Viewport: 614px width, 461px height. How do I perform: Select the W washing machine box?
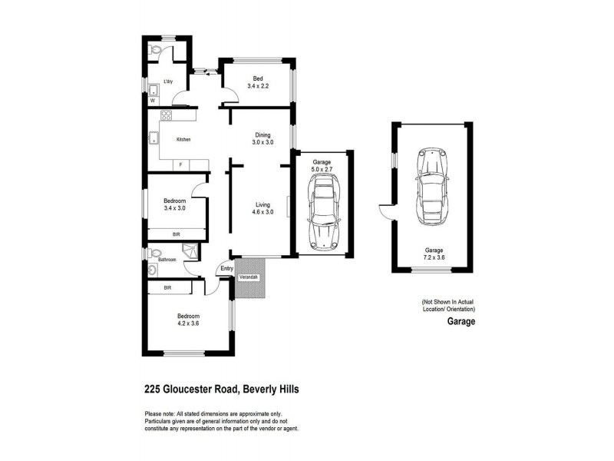153,100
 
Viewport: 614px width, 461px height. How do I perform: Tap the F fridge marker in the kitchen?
180,164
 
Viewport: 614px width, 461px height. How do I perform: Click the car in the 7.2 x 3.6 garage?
431,185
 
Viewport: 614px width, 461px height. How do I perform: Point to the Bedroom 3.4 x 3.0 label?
174,204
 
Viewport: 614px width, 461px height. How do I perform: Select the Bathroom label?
167,260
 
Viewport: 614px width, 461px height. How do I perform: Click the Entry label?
226,268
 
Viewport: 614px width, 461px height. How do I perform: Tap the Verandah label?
248,277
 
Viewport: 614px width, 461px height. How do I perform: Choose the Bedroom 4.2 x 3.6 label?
188,320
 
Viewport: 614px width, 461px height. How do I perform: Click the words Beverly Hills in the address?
271,389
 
